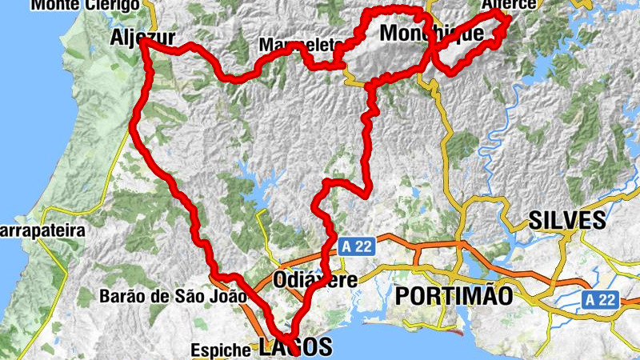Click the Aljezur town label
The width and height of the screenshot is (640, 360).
coord(143,36)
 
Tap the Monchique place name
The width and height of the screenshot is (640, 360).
coord(431,34)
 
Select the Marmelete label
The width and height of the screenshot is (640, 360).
coord(301,45)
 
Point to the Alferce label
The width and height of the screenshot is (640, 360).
coord(508,5)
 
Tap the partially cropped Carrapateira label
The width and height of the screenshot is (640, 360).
coord(42,230)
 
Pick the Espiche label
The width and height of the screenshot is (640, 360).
coord(220,350)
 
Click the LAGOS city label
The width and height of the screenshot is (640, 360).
coord(294,347)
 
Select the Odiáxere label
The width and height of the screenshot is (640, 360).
coord(314,281)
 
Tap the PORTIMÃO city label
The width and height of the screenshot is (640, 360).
coord(454,295)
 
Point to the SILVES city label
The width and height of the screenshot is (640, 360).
coord(567,221)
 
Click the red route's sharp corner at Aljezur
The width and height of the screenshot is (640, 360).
coord(142,42)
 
